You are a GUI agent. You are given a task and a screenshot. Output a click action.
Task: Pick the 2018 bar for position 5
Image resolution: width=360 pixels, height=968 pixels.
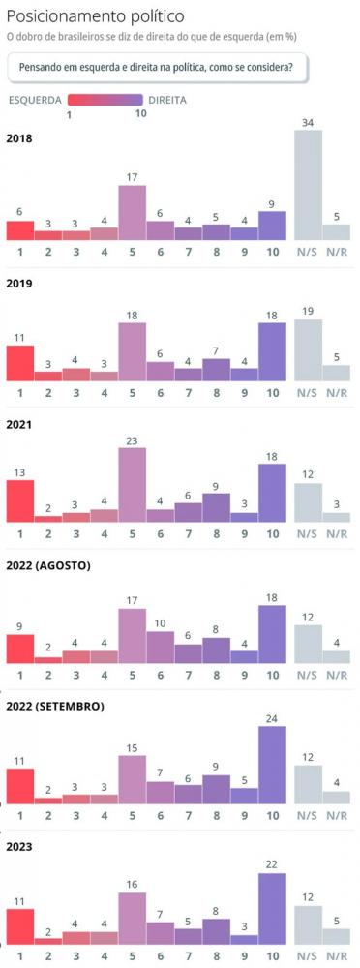(133, 212)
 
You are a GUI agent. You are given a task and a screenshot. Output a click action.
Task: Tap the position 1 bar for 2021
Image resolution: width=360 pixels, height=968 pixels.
(20, 500)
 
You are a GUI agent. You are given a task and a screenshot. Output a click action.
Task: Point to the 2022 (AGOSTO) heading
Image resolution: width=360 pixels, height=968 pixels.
(48, 565)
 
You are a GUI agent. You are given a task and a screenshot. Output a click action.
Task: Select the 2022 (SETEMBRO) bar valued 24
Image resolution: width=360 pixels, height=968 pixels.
(273, 765)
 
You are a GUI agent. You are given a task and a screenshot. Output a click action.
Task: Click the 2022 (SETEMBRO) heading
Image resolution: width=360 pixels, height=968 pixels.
(55, 706)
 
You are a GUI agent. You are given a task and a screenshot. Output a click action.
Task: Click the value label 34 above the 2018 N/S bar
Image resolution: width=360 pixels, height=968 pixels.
(308, 122)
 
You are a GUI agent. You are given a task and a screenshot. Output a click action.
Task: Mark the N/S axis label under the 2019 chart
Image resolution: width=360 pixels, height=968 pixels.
(308, 394)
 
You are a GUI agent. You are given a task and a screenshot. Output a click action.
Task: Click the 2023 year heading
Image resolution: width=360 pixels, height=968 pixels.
(20, 847)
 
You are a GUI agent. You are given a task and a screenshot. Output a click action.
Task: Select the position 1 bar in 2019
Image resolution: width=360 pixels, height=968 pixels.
(20, 363)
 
